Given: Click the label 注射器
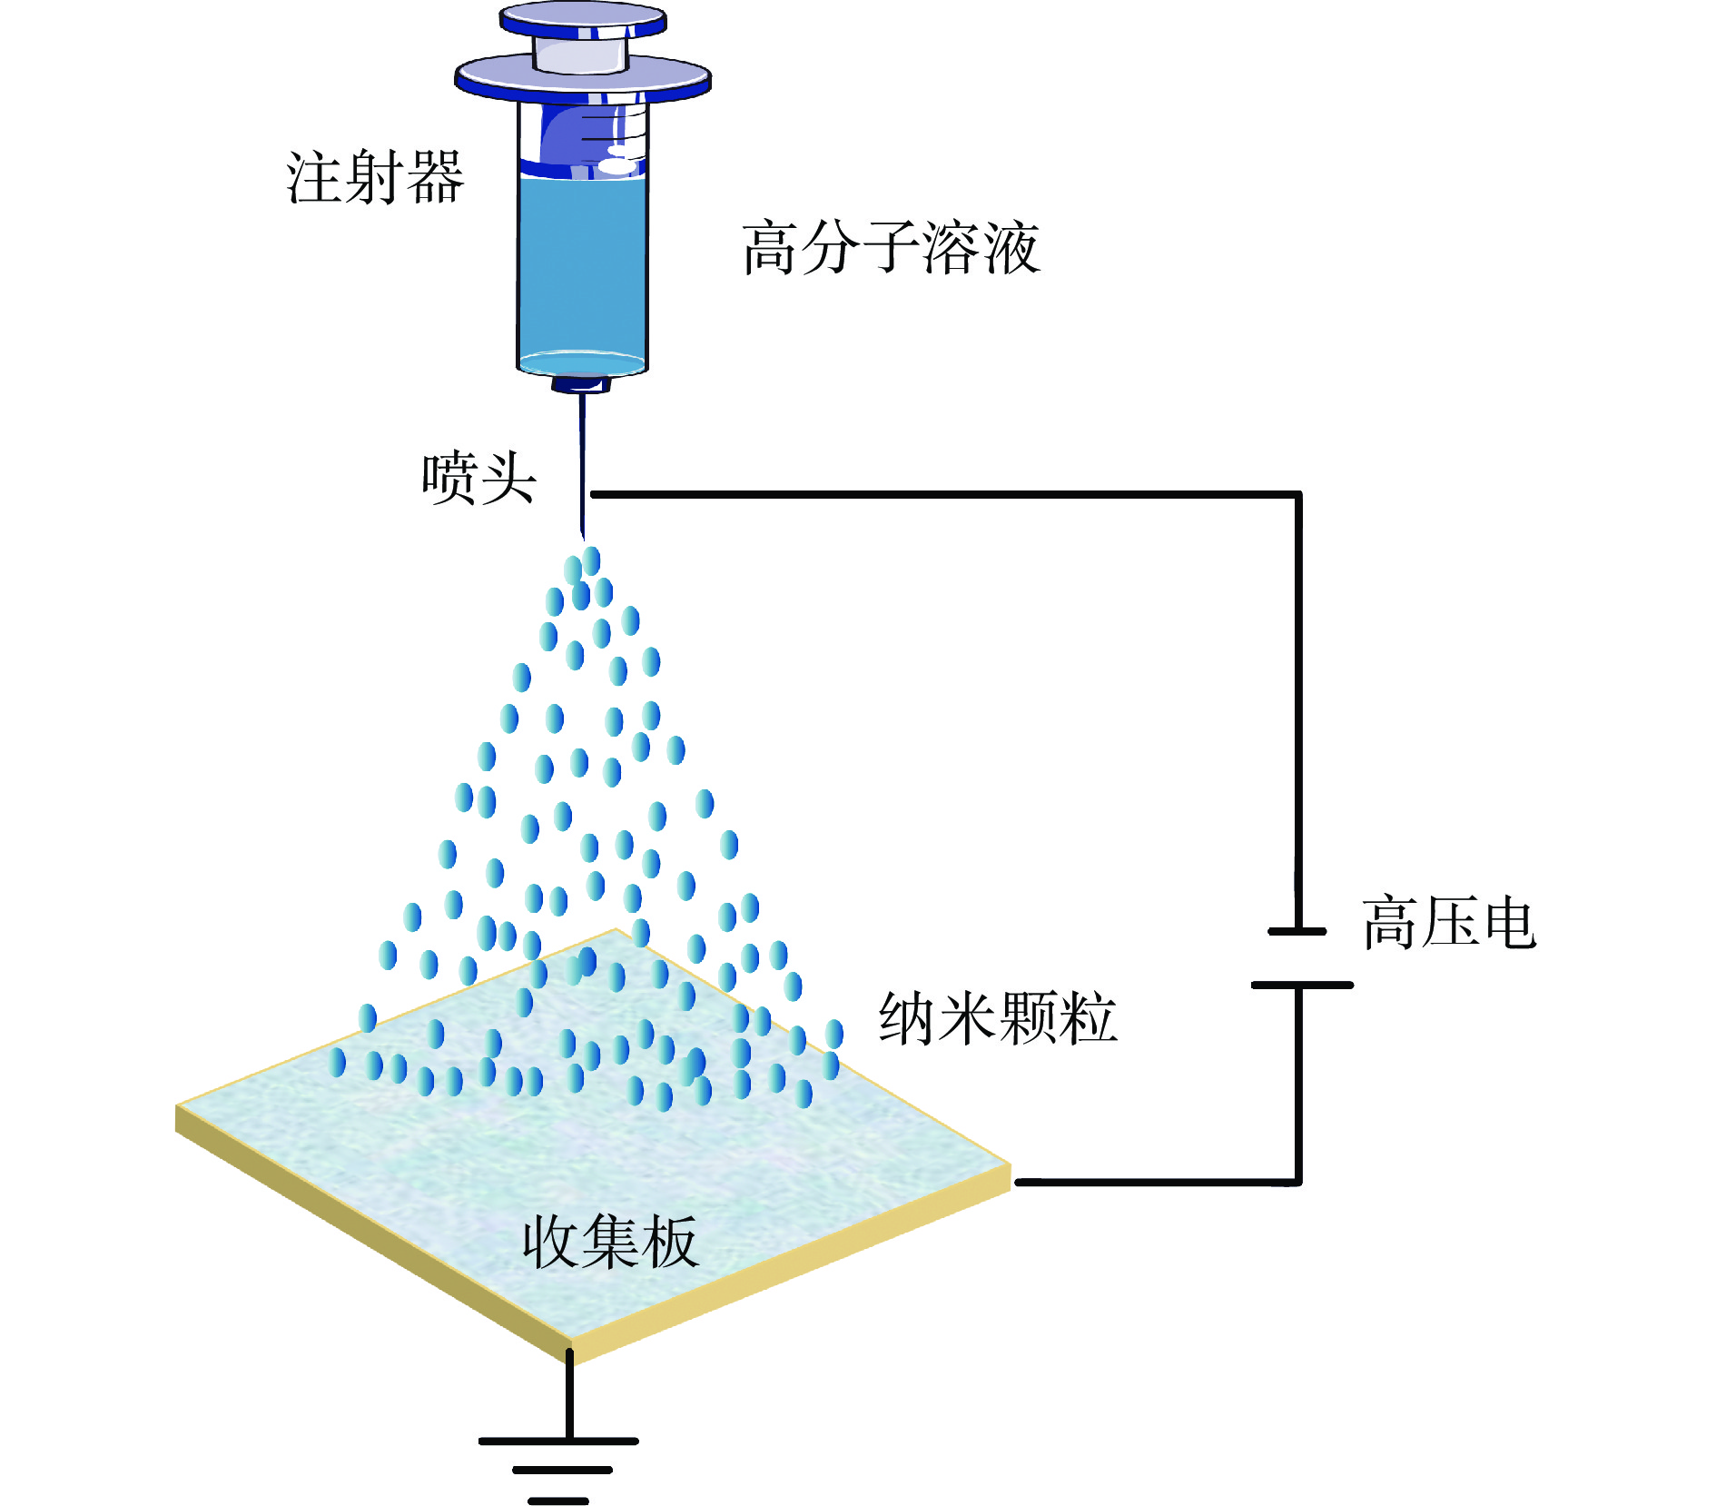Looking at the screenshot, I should (x=375, y=177).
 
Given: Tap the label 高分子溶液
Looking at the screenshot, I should (x=890, y=247).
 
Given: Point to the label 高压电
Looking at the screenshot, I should (x=1449, y=923).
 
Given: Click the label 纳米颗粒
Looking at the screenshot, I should (x=998, y=1018).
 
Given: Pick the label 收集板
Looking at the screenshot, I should (x=609, y=1242).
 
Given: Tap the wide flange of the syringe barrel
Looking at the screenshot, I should (x=583, y=78).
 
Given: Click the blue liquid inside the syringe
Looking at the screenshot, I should (x=583, y=263).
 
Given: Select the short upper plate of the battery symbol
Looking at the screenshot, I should (x=1297, y=931).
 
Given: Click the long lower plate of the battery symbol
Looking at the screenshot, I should (x=1301, y=985).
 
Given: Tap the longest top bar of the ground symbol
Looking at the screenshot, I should (x=558, y=1441).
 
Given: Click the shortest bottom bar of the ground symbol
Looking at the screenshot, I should (x=558, y=1501).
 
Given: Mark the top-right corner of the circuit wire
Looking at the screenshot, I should (x=1298, y=495).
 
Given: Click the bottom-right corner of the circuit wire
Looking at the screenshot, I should (x=1298, y=1182).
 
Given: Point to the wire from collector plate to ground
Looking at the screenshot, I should (x=569, y=1394).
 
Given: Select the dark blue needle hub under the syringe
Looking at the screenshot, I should (x=581, y=384).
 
